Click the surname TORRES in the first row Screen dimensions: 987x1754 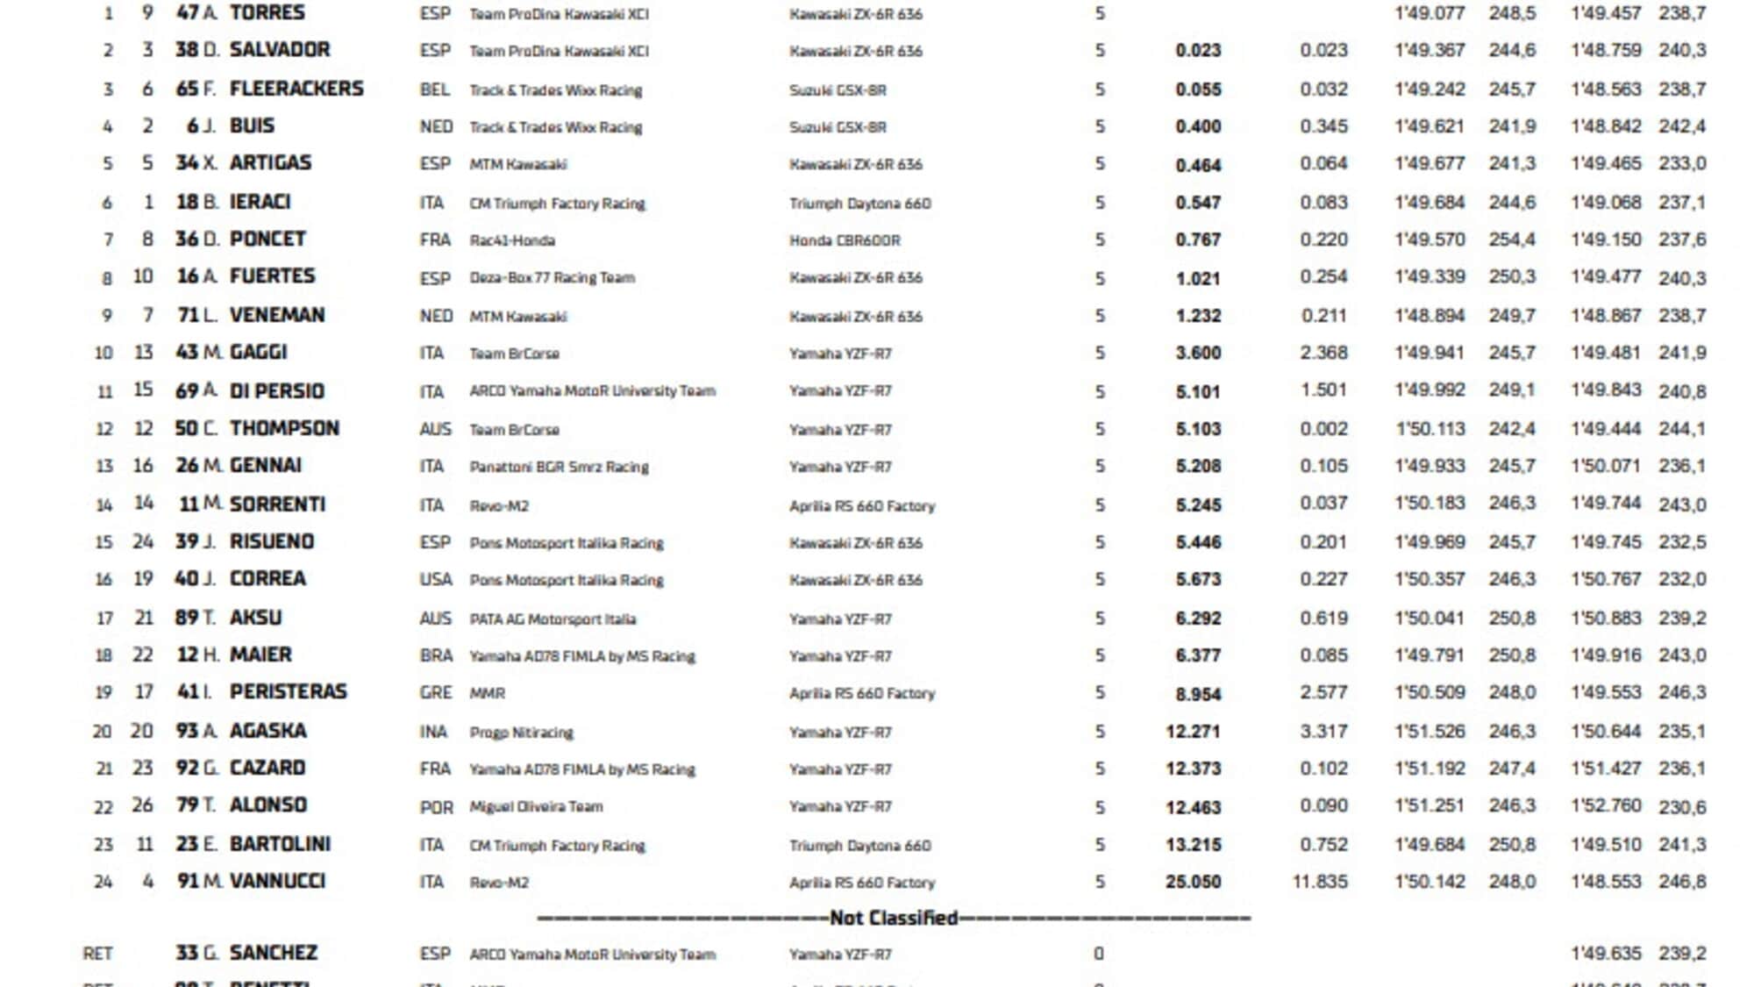click(267, 13)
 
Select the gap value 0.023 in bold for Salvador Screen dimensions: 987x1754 click(1198, 51)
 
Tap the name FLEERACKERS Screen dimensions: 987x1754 click(296, 89)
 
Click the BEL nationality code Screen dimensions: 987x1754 click(435, 89)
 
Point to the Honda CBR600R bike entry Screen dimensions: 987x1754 click(845, 240)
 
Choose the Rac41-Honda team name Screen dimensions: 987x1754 click(512, 240)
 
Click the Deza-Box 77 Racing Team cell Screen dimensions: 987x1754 click(552, 278)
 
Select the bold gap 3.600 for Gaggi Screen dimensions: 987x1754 click(1198, 353)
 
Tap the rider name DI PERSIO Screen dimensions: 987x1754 click(277, 391)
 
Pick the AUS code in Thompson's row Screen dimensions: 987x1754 click(436, 429)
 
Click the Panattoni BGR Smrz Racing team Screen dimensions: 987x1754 click(559, 467)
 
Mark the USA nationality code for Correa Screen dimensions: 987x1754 click(436, 580)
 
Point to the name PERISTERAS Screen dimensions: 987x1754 click(289, 692)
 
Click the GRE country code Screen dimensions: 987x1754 click(436, 693)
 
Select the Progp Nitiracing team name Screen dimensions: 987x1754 click(521, 733)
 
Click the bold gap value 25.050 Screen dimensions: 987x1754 click(1193, 882)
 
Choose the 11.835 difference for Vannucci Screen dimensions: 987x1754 click(1320, 882)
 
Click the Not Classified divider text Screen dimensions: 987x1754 click(894, 919)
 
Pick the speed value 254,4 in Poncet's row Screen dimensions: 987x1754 click(1512, 240)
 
